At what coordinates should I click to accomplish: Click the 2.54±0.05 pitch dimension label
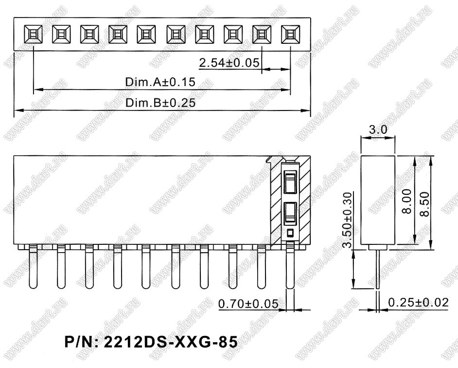click(229, 63)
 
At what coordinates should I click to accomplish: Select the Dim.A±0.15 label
click(160, 82)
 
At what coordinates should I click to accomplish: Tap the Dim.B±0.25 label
click(160, 103)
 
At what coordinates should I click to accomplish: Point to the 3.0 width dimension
click(378, 129)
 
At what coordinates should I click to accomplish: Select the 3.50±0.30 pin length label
click(347, 220)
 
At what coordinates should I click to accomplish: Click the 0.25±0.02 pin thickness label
click(418, 302)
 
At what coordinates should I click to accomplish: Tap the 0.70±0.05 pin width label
click(248, 304)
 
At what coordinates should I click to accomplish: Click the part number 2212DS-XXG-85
click(151, 342)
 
